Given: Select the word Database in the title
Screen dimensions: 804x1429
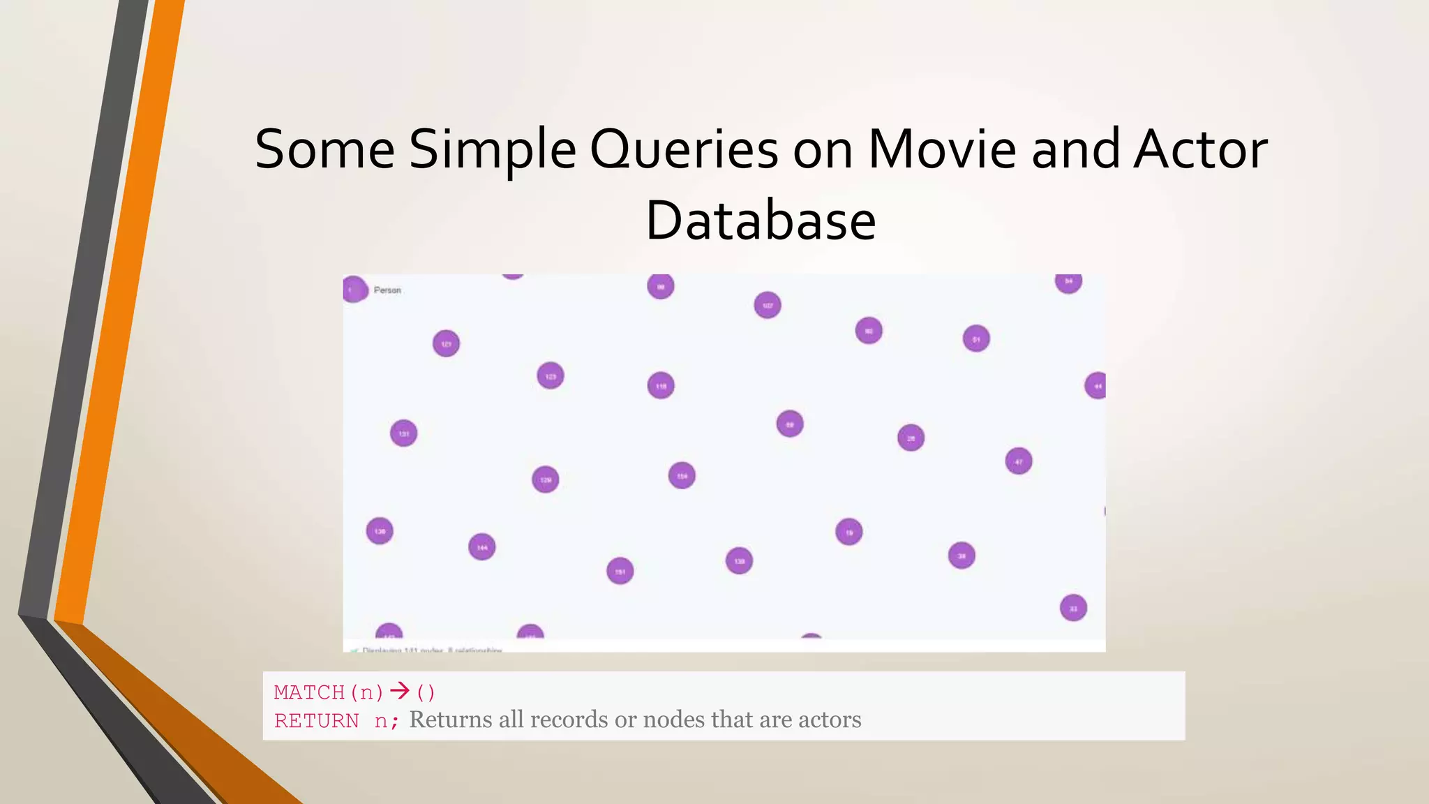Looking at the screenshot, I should (761, 221).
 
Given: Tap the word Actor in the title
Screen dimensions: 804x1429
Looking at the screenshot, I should (1200, 149).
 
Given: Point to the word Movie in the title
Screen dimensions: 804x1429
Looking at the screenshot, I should (942, 149).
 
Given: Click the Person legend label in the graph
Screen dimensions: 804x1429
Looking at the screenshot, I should (387, 290).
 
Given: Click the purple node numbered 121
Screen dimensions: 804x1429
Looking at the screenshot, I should (446, 343).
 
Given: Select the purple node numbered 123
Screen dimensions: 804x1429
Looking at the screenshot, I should (551, 376).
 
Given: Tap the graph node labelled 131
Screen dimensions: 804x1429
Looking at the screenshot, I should (403, 433).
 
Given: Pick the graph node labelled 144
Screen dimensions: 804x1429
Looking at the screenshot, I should (482, 547).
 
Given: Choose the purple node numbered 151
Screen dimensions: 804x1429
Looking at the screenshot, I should (620, 572).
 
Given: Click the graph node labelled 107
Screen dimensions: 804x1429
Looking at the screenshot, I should (768, 305).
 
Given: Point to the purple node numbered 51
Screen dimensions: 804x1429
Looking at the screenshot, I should (976, 339).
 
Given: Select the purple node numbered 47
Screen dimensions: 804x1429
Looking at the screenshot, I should (1019, 461).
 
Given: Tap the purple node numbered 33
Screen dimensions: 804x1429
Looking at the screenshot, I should (1073, 608).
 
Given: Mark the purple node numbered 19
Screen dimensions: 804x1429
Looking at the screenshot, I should (849, 533).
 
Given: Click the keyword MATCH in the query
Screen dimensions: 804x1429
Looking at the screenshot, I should (309, 692).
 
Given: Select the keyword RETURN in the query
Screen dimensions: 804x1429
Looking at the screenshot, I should (317, 720).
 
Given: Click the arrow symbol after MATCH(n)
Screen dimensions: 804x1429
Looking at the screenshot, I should (400, 692).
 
